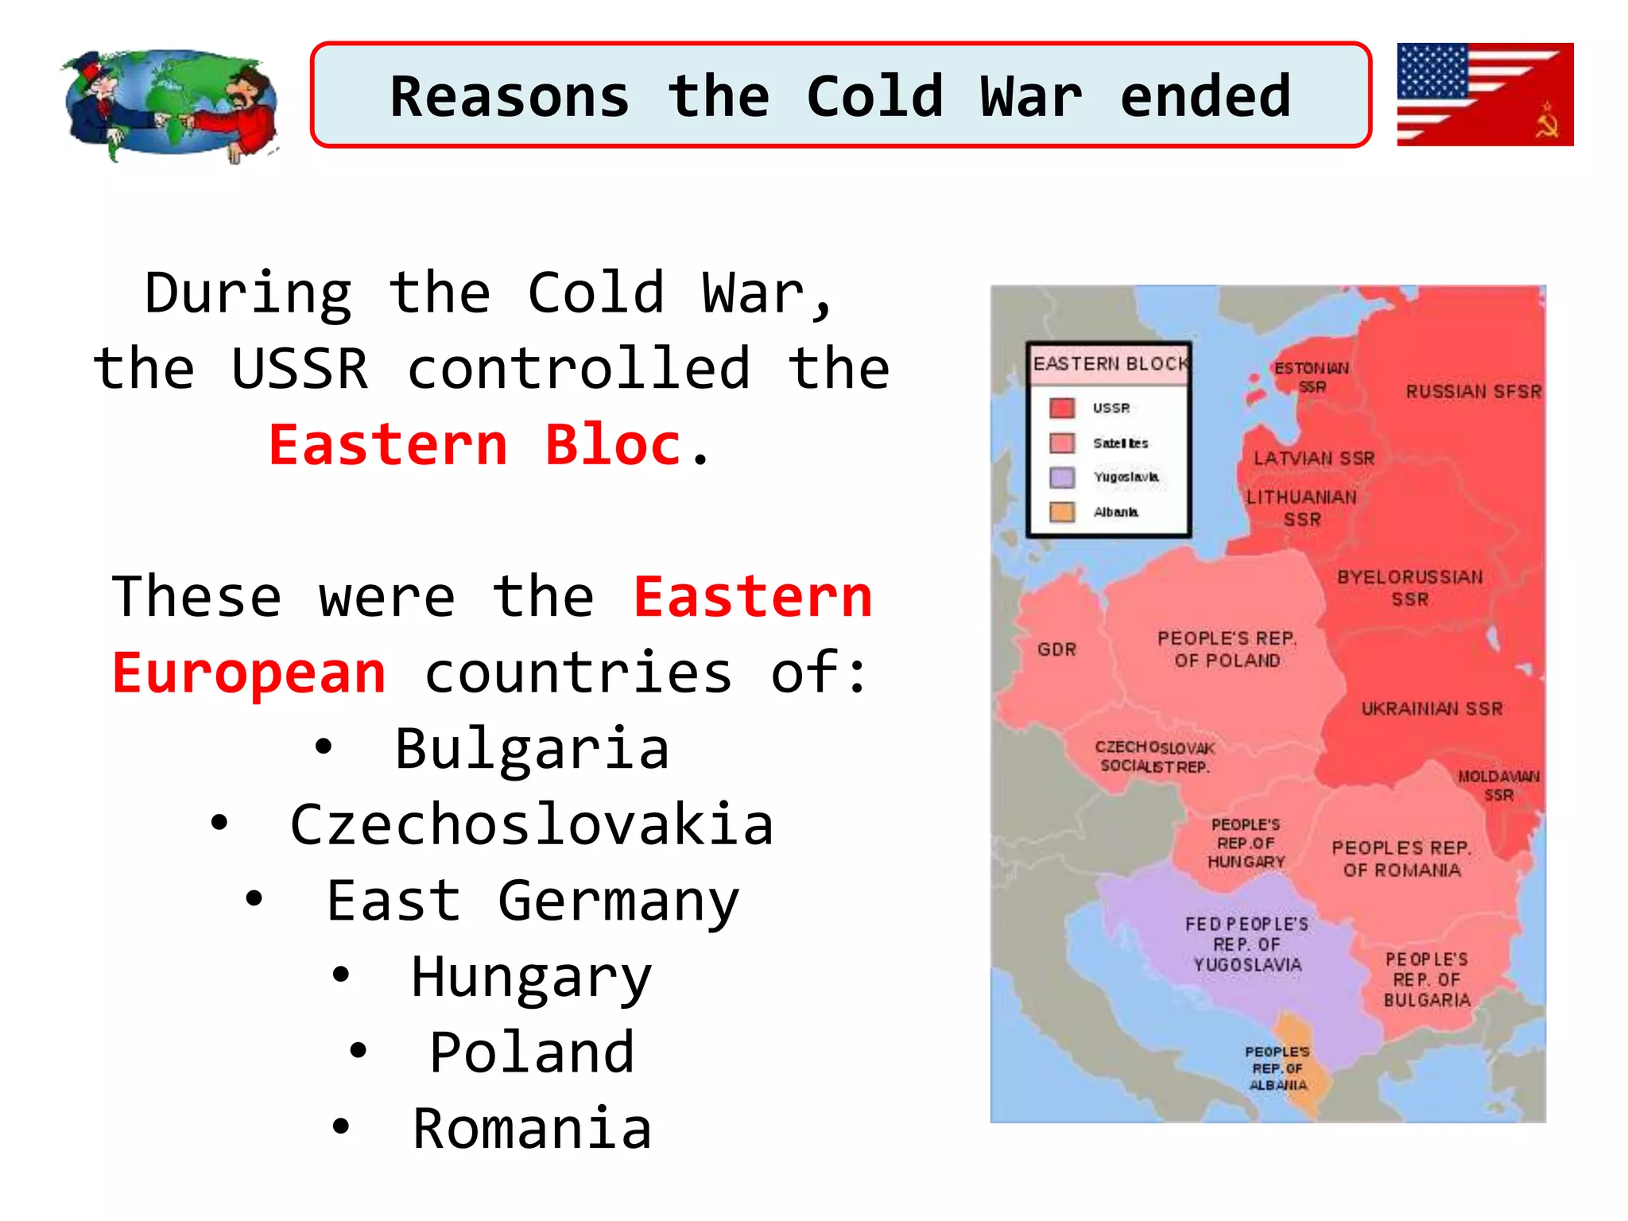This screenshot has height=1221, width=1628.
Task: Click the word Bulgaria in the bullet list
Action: [x=532, y=749]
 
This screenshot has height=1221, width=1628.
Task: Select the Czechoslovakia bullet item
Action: [x=531, y=825]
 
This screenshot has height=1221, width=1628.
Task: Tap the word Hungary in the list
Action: [x=531, y=978]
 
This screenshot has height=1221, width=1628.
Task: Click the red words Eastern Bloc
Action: [x=474, y=444]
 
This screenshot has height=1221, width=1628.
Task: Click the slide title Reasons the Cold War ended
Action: [x=840, y=96]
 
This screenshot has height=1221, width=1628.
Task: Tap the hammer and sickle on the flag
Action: [x=1546, y=120]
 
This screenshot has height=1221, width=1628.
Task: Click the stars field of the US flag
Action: [x=1432, y=70]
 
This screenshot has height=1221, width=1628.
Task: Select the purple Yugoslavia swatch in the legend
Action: [x=1062, y=477]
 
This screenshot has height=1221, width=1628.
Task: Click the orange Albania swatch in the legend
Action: [x=1062, y=511]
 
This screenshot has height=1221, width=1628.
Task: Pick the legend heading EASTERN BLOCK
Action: [x=1110, y=364]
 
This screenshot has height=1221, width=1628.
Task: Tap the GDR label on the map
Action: [x=1056, y=649]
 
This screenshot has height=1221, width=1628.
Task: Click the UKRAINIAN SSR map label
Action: [x=1432, y=708]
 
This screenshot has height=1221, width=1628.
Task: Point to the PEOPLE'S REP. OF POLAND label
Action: [x=1227, y=649]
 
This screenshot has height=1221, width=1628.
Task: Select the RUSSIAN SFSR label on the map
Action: [x=1473, y=391]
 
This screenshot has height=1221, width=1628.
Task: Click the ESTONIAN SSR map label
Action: [x=1312, y=378]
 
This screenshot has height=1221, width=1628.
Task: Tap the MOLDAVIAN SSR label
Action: [x=1498, y=785]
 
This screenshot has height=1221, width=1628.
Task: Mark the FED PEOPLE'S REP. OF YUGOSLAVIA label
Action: [x=1246, y=944]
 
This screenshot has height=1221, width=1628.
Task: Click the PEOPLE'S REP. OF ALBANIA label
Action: [x=1277, y=1068]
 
